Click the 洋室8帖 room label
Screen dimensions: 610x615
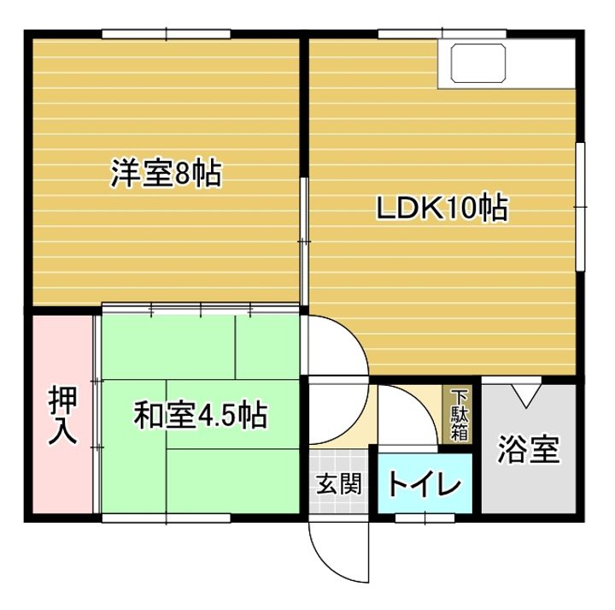(x=166, y=175)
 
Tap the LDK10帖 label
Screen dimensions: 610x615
(x=443, y=209)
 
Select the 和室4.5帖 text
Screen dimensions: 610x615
(x=200, y=416)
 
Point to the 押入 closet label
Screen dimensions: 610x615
(x=62, y=416)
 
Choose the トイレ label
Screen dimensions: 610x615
(x=425, y=485)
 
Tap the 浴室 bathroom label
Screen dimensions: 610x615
(x=530, y=450)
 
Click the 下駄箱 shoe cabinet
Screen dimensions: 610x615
(x=460, y=415)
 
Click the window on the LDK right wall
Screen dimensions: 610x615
(x=580, y=205)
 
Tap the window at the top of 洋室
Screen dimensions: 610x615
(x=167, y=34)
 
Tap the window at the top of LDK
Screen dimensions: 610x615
(x=410, y=34)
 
